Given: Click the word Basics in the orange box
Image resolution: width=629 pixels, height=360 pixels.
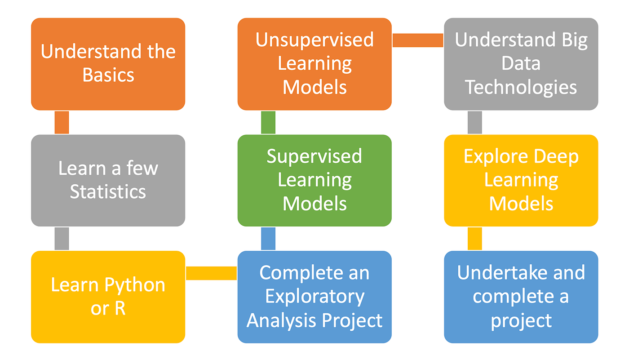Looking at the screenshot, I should click(108, 75).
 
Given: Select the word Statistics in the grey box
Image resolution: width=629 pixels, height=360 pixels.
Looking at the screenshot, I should click(108, 192).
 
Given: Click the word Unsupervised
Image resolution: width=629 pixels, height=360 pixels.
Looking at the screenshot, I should click(314, 40).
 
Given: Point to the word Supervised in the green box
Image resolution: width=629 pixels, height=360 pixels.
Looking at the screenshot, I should click(314, 156).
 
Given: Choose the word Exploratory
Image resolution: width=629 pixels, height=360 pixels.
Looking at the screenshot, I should click(314, 297).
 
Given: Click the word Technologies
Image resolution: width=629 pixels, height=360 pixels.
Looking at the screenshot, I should click(521, 87).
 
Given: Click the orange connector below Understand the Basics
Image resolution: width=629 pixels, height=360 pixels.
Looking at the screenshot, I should click(62, 122).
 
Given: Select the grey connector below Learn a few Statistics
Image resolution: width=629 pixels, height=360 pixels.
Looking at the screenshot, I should click(62, 239).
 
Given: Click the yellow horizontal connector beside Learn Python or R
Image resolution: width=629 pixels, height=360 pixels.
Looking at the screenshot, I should click(211, 273).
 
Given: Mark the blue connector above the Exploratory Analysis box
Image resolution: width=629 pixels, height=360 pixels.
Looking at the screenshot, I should click(268, 239).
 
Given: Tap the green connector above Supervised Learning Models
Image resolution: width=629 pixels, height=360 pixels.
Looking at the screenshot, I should click(268, 122).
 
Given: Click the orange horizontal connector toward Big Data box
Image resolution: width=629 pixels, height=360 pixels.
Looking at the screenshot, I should click(418, 40).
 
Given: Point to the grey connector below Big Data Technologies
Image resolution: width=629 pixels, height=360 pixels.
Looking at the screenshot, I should click(475, 122).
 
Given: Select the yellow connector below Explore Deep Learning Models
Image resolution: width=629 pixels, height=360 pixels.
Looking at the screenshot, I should click(475, 239).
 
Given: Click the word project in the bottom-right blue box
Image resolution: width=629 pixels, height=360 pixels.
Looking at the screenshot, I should click(521, 321).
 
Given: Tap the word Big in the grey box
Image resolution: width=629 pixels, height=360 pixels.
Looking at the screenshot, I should click(573, 40).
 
